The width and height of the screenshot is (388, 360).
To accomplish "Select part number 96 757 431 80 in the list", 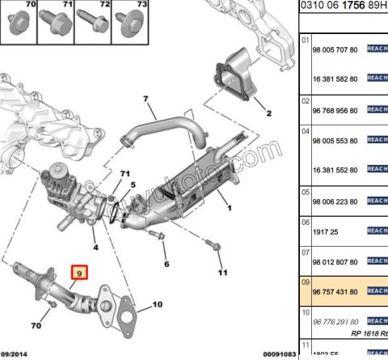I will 335,291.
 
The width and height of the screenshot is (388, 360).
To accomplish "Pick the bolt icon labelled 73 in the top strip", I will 129,27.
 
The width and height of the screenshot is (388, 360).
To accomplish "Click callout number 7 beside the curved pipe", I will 146,100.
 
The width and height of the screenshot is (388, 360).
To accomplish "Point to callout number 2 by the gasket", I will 268,112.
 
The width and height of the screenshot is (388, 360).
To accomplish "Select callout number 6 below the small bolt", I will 166,263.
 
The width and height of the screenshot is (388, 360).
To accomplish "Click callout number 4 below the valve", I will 95,247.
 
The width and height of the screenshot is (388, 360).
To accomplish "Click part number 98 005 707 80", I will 335,49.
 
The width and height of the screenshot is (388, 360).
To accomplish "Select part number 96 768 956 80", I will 335,111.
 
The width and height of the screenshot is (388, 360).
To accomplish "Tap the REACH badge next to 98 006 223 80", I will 377,202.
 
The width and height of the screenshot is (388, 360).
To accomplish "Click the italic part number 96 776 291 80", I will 335,320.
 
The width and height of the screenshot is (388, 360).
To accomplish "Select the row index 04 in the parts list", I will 305,130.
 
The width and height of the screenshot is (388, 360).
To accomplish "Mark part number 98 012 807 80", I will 335,261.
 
